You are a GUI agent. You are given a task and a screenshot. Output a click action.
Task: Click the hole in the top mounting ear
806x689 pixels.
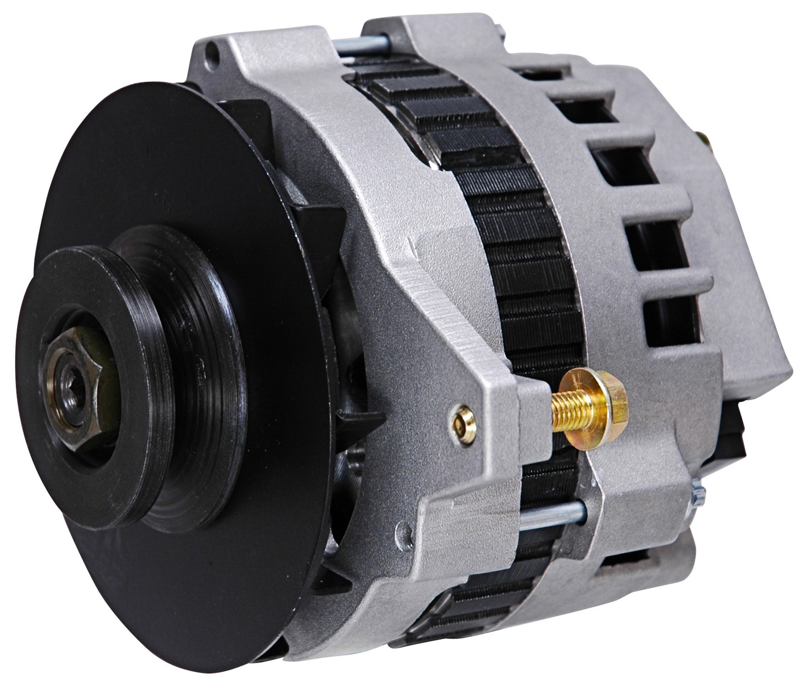pyautogui.click(x=215, y=54)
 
